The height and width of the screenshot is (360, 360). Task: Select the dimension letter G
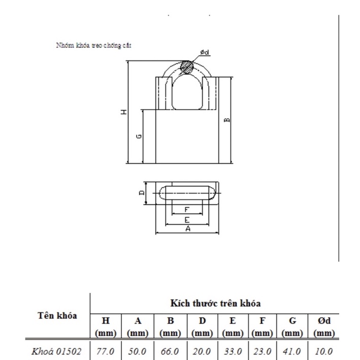point(139,136)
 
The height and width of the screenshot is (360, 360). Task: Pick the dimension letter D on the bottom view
point(142,192)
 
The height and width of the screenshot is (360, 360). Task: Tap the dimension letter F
point(186,209)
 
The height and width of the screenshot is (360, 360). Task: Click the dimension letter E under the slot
point(187,220)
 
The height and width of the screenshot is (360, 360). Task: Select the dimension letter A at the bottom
point(187,230)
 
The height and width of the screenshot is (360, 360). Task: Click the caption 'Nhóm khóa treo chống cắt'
point(94,45)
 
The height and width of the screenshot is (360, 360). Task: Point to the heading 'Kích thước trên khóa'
point(215,304)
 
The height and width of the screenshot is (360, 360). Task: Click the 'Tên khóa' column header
point(57,315)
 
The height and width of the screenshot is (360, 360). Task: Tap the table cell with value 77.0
point(107,351)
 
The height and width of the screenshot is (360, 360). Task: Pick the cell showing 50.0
point(138,351)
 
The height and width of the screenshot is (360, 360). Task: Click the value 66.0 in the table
point(171,351)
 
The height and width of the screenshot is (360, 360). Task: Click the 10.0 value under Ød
point(323,351)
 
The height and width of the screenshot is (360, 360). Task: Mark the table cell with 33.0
point(233,351)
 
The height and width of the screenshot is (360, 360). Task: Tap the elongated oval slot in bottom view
point(188,193)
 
